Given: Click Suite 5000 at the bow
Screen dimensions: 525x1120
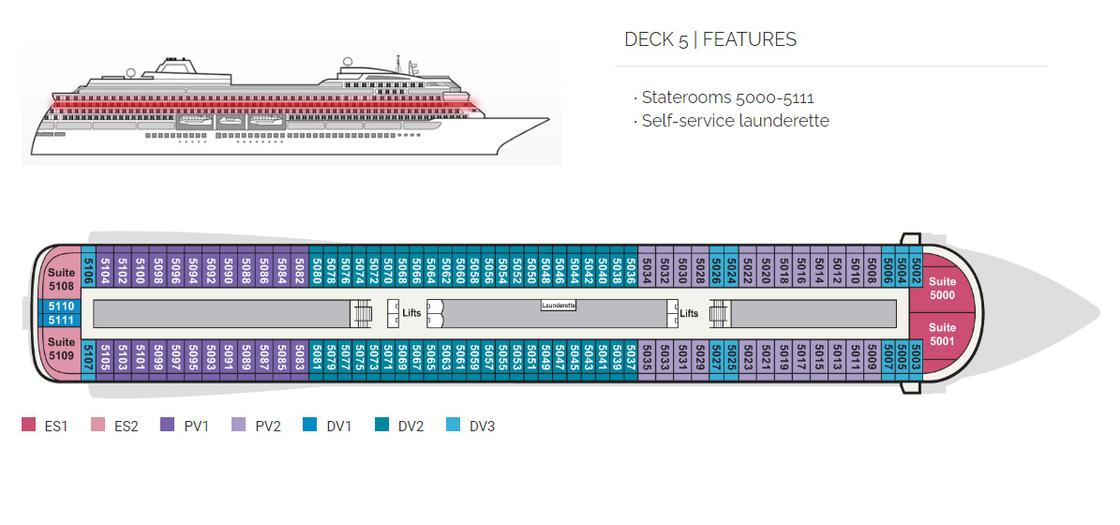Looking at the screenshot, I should [941, 288].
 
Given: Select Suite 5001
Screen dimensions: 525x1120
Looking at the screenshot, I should [941, 335].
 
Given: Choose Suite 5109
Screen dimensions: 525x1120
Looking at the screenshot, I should [61, 349].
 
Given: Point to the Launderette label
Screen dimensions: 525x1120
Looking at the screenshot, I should [559, 306].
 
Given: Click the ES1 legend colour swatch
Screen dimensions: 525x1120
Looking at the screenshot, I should [28, 426].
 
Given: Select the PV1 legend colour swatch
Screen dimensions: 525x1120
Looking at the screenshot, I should [168, 426].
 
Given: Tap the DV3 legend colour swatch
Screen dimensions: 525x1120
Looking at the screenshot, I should [453, 426].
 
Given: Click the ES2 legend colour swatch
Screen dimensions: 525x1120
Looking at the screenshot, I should [97, 426].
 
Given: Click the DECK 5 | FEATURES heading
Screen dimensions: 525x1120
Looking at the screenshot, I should [710, 39].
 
